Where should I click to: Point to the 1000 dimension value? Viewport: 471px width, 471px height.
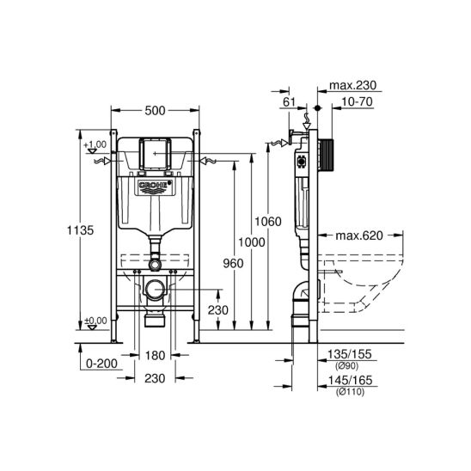251,243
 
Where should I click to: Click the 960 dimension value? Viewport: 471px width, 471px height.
221,265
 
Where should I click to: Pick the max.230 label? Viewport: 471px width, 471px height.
354,87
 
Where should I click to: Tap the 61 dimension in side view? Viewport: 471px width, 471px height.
288,102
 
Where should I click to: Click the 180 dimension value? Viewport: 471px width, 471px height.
155,355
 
